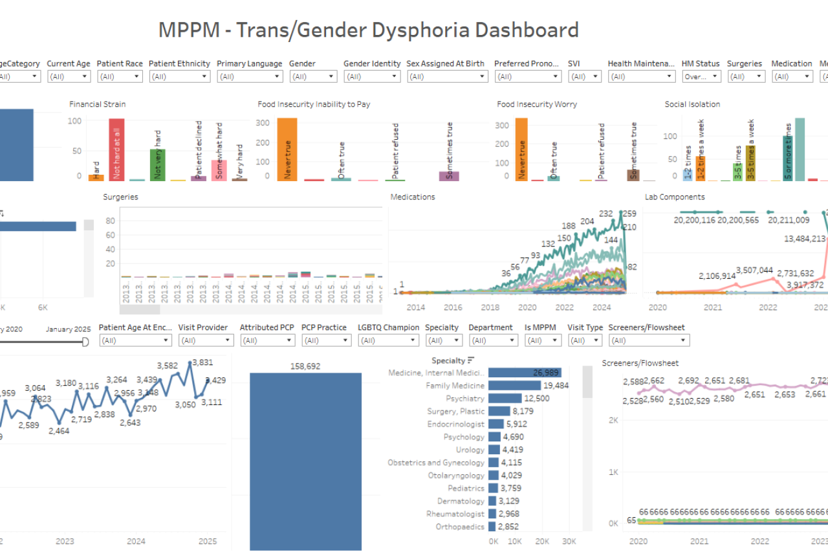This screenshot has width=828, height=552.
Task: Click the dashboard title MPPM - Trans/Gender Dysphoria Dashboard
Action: click(369, 30)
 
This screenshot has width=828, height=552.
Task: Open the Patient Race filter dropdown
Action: click(120, 76)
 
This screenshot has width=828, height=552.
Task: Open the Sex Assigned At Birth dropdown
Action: click(447, 76)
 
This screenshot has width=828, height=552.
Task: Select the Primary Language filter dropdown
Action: click(250, 76)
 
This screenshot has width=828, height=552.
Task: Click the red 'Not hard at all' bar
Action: click(116, 149)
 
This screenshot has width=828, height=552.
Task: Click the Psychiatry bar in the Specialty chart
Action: click(505, 399)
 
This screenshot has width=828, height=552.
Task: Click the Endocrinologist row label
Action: click(455, 424)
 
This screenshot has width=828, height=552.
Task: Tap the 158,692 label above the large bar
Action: click(306, 366)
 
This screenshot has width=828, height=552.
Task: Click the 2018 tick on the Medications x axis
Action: click(490, 307)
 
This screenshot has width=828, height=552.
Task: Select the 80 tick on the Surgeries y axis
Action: click(110, 221)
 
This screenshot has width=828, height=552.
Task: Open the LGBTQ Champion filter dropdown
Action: click(388, 340)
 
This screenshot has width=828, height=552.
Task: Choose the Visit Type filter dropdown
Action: click(585, 340)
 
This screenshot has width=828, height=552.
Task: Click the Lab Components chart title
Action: click(675, 197)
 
